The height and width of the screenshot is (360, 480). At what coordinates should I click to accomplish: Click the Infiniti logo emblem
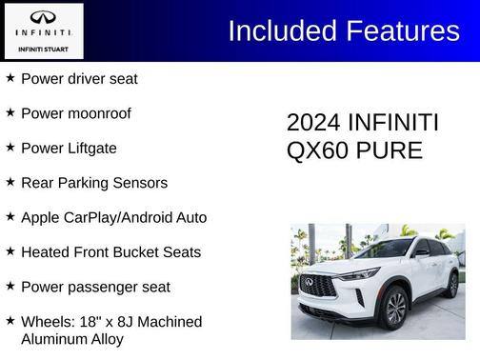tap(43, 17)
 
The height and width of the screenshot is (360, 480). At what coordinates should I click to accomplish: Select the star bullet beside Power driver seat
tap(10, 78)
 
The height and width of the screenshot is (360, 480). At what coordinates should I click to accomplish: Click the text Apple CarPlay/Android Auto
tap(113, 217)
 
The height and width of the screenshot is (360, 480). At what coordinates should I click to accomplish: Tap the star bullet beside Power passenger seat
tap(10, 286)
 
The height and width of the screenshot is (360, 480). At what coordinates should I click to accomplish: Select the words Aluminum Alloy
tap(72, 338)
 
